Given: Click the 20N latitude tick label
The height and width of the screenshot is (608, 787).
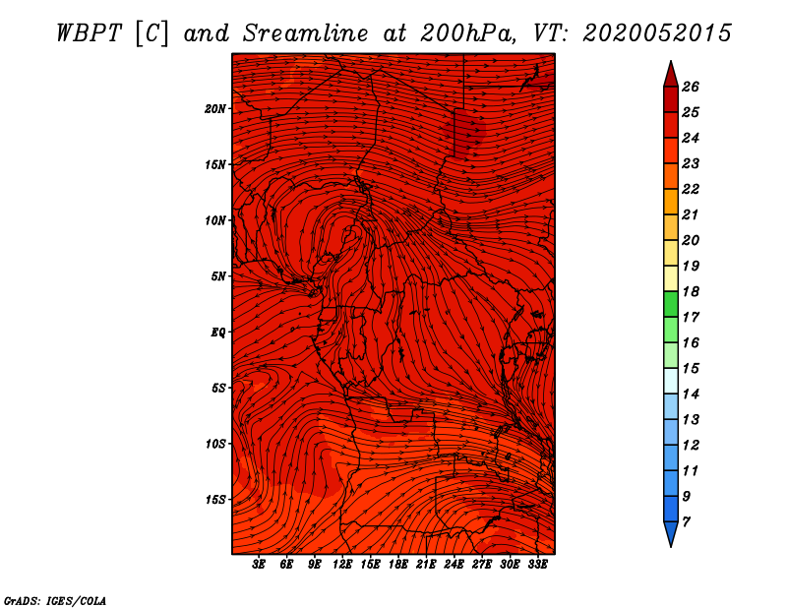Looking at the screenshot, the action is tap(214, 109).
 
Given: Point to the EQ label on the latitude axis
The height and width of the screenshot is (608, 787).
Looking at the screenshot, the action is tap(217, 333).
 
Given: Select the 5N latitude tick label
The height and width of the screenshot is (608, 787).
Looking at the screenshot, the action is tap(218, 276).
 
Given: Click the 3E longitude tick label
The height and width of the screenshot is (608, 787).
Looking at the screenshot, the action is tap(259, 565).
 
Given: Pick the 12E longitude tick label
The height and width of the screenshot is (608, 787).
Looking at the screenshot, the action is tap(341, 565).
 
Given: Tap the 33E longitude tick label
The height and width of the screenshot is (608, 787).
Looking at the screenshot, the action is tap(537, 565).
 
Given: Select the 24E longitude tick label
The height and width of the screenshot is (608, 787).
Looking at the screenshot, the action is tap(454, 565).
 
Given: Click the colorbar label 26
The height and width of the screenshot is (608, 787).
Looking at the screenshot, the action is tap(691, 87).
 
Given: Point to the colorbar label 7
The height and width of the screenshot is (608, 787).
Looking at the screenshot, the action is tap(686, 522).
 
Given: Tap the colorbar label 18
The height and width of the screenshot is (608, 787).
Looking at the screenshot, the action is tap(691, 291).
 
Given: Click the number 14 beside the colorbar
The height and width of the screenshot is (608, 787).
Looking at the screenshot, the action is tap(691, 395).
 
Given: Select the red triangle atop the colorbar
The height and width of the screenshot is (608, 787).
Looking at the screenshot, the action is tap(671, 76).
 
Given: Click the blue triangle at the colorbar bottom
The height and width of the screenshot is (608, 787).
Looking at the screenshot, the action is tap(671, 533).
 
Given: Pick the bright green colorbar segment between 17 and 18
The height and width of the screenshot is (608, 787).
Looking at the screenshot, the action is tap(671, 304).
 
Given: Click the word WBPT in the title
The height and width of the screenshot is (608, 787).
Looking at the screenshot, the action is tap(89, 33).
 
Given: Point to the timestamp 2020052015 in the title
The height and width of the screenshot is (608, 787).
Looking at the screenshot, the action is tap(656, 33).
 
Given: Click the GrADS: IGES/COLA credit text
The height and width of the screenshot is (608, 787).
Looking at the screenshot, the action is tap(54, 601).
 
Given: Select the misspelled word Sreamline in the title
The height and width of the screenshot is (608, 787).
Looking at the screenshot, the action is tap(306, 33).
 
